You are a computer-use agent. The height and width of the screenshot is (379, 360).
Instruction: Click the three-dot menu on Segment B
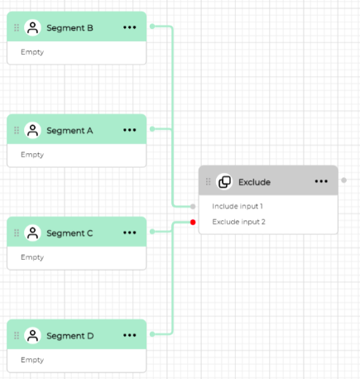[x=130, y=27]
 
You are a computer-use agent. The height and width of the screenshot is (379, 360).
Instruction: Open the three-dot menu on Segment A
[x=130, y=130]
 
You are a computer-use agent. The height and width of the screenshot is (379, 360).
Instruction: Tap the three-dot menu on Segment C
[x=130, y=233]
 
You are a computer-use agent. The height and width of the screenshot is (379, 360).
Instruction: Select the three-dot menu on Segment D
[x=130, y=335]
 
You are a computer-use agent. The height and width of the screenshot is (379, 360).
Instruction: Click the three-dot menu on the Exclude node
[x=321, y=181]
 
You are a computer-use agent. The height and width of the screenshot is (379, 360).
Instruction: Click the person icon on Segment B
[x=32, y=27]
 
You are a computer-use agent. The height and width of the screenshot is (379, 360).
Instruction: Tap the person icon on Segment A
[x=32, y=130]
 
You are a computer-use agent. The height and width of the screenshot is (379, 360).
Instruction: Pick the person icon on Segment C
[x=32, y=233]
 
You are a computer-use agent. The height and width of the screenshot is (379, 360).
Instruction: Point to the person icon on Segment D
[x=32, y=335]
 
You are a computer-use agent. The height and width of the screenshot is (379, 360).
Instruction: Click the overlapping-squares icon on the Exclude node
[x=224, y=182]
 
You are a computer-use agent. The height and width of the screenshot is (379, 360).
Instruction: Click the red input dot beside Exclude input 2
[x=193, y=222]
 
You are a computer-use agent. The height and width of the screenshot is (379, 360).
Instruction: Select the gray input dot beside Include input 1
[x=193, y=206]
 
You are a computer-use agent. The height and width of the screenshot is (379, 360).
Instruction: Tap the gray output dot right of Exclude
[x=343, y=180]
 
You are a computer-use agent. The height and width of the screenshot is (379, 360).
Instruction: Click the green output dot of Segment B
[x=152, y=26]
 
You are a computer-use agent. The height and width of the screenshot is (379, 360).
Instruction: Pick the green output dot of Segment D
[x=152, y=334]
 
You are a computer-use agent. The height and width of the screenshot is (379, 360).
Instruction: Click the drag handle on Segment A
[x=17, y=130]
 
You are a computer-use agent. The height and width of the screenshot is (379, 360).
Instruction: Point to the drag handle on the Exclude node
[x=209, y=181]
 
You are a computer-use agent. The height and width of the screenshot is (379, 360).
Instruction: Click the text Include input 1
[x=238, y=206]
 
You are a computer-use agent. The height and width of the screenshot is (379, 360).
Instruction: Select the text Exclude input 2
[x=238, y=222]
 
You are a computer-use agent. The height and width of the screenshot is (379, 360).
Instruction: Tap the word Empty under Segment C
[x=32, y=257]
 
